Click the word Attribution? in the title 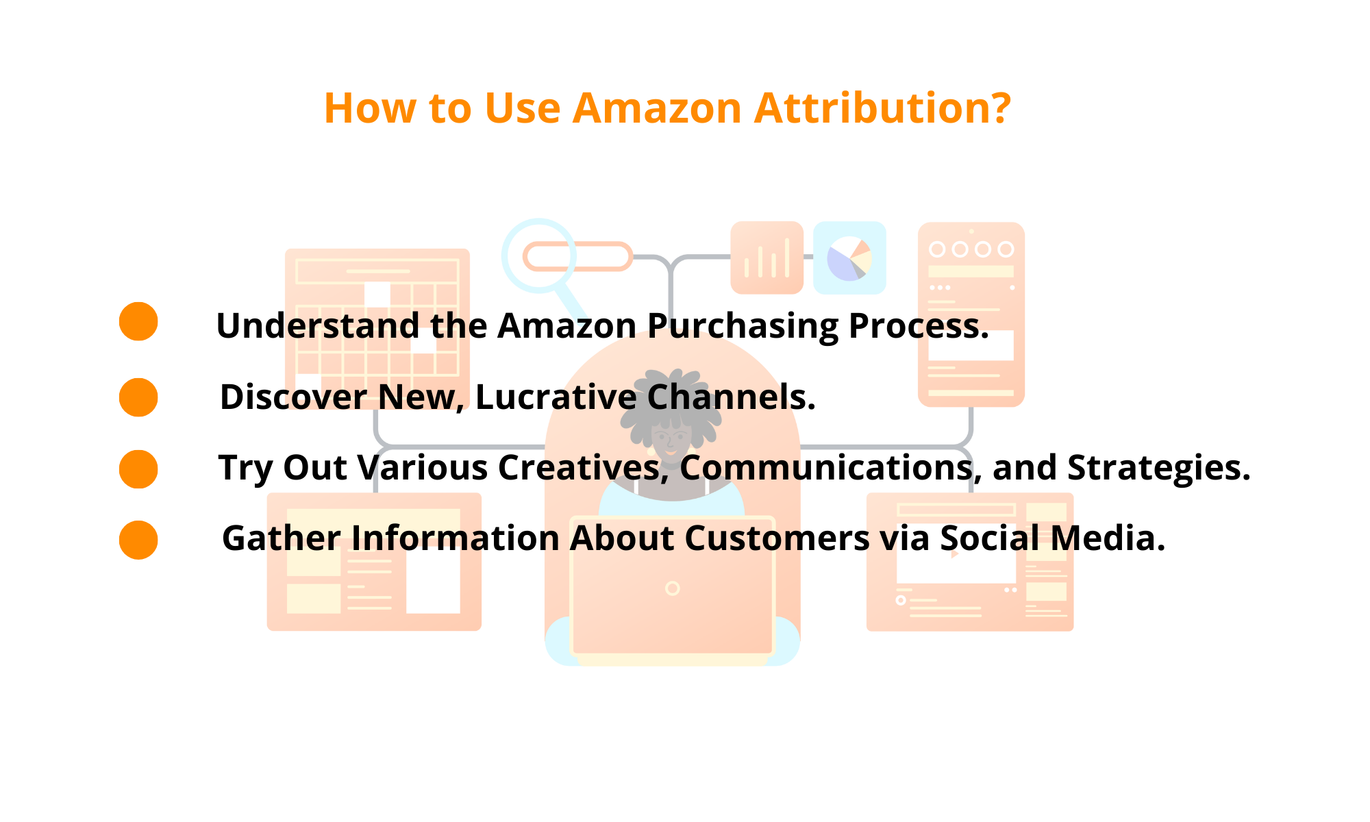(882, 108)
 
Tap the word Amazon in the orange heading (657, 108)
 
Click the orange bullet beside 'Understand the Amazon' (138, 321)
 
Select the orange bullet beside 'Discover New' (138, 397)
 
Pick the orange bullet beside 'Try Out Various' (138, 469)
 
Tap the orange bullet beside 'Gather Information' (138, 540)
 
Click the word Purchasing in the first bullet (743, 326)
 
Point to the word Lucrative (556, 397)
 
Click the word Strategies (1158, 468)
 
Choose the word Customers (777, 538)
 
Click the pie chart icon (849, 258)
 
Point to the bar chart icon (767, 258)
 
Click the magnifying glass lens (538, 256)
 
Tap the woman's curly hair (671, 397)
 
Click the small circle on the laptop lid (673, 588)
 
